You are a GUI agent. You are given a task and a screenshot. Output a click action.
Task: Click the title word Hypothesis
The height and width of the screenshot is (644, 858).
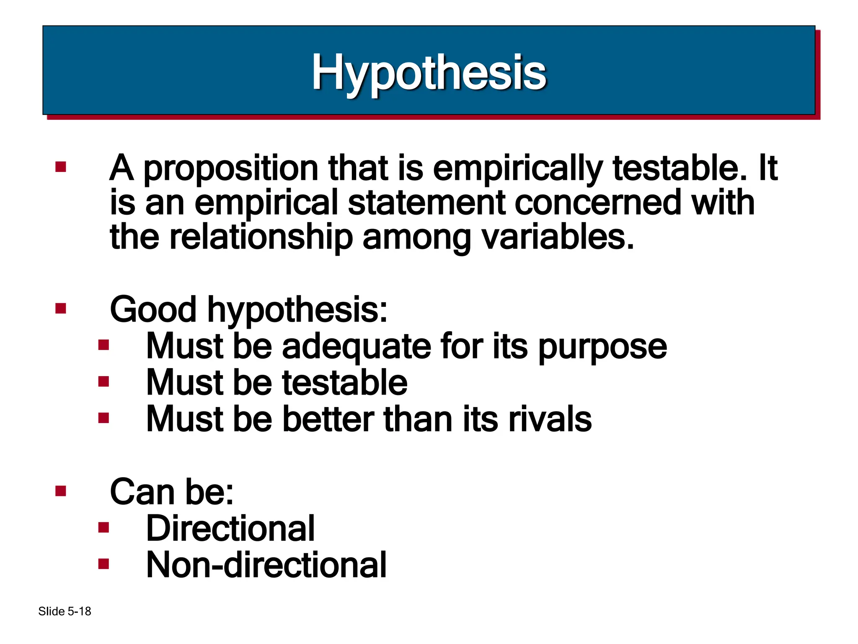(429, 73)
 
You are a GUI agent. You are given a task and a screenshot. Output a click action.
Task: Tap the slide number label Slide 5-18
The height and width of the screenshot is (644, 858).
(65, 611)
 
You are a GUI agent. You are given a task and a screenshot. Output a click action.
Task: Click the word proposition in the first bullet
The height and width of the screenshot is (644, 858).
(231, 169)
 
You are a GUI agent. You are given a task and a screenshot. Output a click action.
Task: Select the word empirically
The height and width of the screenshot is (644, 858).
(518, 169)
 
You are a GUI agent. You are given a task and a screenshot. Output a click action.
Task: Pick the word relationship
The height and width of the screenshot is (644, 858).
(261, 237)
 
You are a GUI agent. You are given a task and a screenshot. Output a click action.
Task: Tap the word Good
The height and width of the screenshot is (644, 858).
(153, 309)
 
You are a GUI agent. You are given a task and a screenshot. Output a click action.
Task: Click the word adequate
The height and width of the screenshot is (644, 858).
(357, 346)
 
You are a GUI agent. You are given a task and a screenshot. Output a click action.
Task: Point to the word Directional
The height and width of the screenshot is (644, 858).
(230, 528)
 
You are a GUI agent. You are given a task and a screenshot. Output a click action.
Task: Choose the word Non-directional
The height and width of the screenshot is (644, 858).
(266, 565)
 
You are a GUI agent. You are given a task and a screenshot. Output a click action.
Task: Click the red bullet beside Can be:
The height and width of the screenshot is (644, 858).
(61, 491)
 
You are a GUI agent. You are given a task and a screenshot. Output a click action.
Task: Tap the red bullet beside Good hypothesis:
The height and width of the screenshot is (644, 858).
(61, 309)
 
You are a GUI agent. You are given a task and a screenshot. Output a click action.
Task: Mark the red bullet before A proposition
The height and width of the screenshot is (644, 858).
(61, 167)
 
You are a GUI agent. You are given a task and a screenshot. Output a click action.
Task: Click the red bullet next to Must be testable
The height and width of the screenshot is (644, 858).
(103, 382)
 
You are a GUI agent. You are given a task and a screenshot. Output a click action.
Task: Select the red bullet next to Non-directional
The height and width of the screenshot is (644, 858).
(103, 564)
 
